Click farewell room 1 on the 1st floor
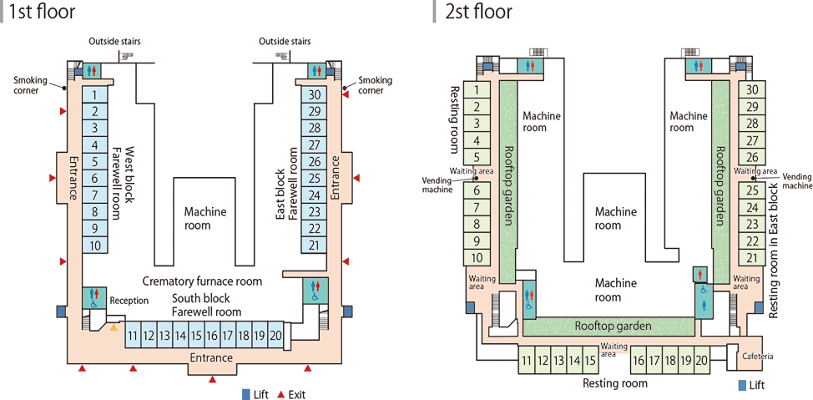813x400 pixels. click(95, 95)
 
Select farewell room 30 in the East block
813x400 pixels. click(314, 95)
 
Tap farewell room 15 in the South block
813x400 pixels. click(196, 336)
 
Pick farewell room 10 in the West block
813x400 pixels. click(95, 246)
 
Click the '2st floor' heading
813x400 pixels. click(479, 12)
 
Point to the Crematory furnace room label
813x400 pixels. click(202, 281)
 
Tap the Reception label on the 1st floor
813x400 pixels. click(129, 301)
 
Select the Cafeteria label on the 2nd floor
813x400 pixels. click(756, 357)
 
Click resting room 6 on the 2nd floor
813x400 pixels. click(475, 190)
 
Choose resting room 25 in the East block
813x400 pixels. click(752, 190)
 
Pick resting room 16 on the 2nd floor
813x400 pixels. click(639, 361)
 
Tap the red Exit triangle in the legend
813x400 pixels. click(281, 394)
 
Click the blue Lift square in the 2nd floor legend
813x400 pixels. click(743, 386)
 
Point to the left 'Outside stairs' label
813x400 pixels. click(116, 42)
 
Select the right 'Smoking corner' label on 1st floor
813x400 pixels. click(375, 85)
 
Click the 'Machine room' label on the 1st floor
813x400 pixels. click(205, 219)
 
